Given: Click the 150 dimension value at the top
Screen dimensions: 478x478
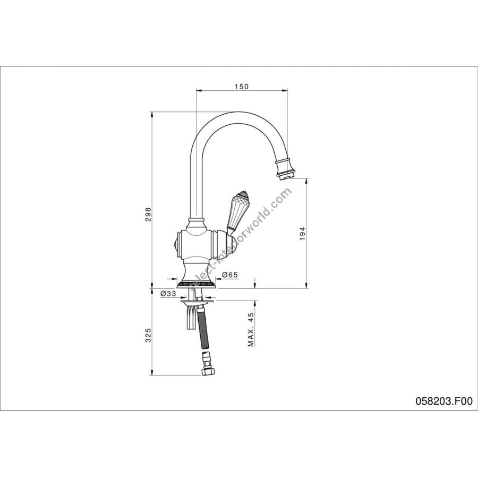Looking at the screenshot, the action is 242,87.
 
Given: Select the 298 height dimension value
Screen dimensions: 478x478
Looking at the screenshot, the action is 148,215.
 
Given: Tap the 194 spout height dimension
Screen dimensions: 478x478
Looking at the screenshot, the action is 302,234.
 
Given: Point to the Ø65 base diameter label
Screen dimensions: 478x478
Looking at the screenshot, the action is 229,275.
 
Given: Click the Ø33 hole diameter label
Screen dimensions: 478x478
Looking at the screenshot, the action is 168,294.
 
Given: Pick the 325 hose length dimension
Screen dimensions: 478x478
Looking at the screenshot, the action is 148,335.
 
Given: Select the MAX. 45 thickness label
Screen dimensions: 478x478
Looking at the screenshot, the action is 251,330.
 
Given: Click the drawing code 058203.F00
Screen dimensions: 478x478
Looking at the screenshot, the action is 444,401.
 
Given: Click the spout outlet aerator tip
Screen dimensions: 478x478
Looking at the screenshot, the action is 285,176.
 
